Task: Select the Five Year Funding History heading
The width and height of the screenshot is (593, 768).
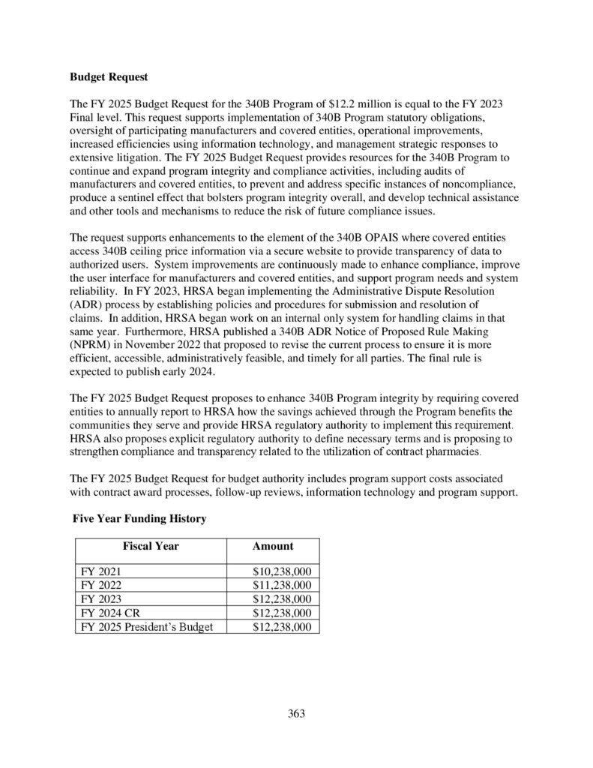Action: tap(139, 517)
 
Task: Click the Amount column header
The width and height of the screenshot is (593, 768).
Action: tap(273, 546)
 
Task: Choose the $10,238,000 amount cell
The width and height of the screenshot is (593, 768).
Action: tap(282, 571)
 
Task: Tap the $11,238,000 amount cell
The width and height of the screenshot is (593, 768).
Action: tap(282, 585)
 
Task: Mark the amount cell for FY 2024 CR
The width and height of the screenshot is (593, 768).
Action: tap(282, 613)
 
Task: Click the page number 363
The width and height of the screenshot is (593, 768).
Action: tap(297, 713)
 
